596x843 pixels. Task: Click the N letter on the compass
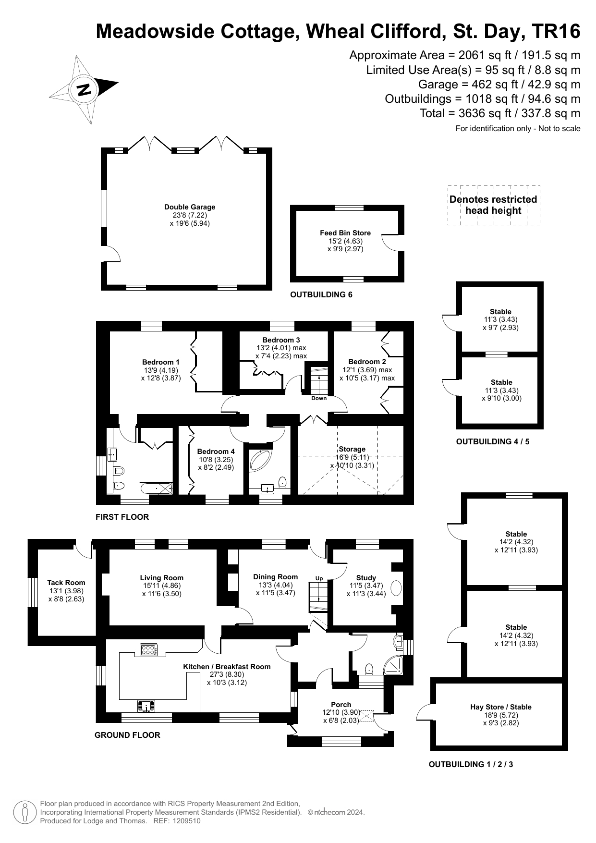84,90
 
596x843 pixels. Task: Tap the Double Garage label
190,207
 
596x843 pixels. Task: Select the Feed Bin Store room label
345,233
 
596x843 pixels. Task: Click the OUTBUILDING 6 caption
321,294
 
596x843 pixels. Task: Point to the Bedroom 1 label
161,362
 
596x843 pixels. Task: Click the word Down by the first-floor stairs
319,398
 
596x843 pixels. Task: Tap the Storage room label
352,449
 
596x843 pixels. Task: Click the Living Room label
162,578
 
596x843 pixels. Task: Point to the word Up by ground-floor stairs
319,578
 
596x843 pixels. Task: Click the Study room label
366,578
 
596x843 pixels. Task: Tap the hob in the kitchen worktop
148,650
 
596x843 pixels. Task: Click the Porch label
341,705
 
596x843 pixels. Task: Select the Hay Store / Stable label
501,707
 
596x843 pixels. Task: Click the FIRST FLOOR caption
122,517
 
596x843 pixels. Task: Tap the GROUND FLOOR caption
127,735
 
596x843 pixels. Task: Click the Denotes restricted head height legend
493,205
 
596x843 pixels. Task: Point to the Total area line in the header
500,113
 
